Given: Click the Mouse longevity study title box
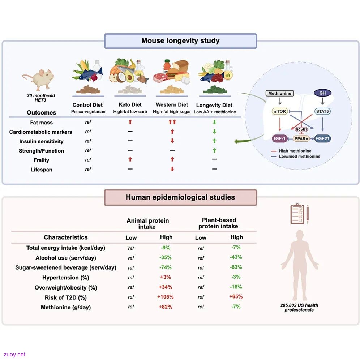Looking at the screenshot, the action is click(180, 41).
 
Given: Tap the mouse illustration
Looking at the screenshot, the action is click(39, 79).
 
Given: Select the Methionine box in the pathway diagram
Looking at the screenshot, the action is click(280, 93).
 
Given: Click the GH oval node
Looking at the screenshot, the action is click(322, 93).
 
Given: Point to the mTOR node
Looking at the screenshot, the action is click(280, 111).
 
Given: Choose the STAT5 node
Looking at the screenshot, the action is click(322, 111).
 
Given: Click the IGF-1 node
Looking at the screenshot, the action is click(279, 138).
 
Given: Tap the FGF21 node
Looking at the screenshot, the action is click(322, 138).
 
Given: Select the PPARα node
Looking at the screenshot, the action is click(301, 139).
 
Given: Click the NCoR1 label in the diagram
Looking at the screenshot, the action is click(301, 129).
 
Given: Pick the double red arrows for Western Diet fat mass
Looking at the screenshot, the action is click(172, 122).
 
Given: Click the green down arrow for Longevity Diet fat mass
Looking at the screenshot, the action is click(214, 122).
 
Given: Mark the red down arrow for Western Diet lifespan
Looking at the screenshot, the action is click(172, 169).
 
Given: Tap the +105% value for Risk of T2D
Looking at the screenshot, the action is click(165, 297).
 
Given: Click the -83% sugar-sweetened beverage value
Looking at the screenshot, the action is click(236, 267).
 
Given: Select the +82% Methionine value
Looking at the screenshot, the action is click(165, 307).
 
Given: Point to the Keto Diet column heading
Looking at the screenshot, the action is click(130, 105).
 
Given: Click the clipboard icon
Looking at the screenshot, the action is click(297, 214).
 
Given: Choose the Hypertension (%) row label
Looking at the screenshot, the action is click(66, 278).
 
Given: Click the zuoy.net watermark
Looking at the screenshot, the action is click(14, 355).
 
